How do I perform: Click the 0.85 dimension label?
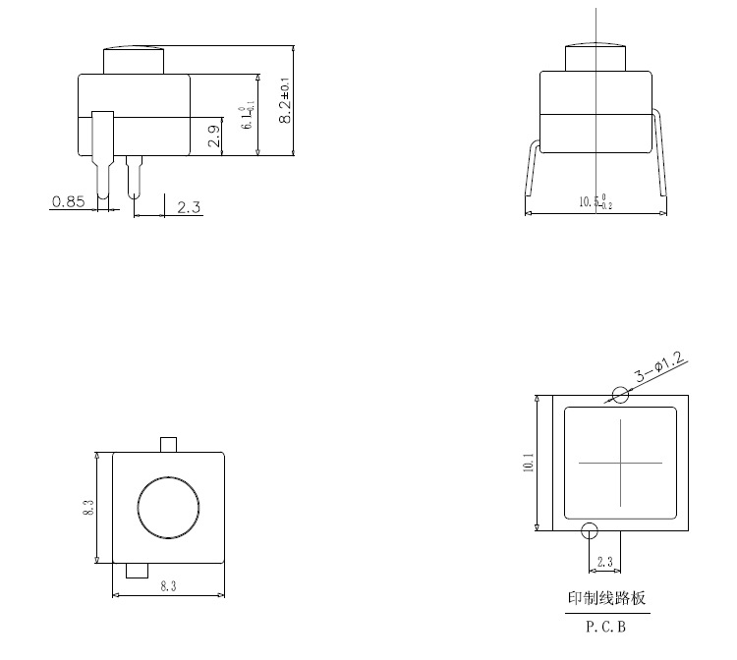coord(68,201)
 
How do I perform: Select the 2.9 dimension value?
coord(214,137)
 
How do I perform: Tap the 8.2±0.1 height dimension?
coord(285,101)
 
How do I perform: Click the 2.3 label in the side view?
coord(189,207)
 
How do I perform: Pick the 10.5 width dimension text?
coord(595,202)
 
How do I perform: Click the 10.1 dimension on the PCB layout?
coord(528,463)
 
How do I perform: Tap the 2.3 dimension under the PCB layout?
coord(604,562)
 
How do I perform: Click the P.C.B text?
coord(606,624)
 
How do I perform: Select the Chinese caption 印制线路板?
coord(607,597)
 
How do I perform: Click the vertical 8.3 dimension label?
coord(87,508)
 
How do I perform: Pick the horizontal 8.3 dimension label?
coord(168,585)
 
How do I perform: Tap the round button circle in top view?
coord(168,507)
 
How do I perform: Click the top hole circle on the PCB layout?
coord(620,395)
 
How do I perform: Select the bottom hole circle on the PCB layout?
coord(590,531)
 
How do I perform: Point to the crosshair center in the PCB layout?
coord(620,462)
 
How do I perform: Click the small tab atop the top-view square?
coord(168,445)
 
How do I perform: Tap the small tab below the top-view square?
coord(137,571)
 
